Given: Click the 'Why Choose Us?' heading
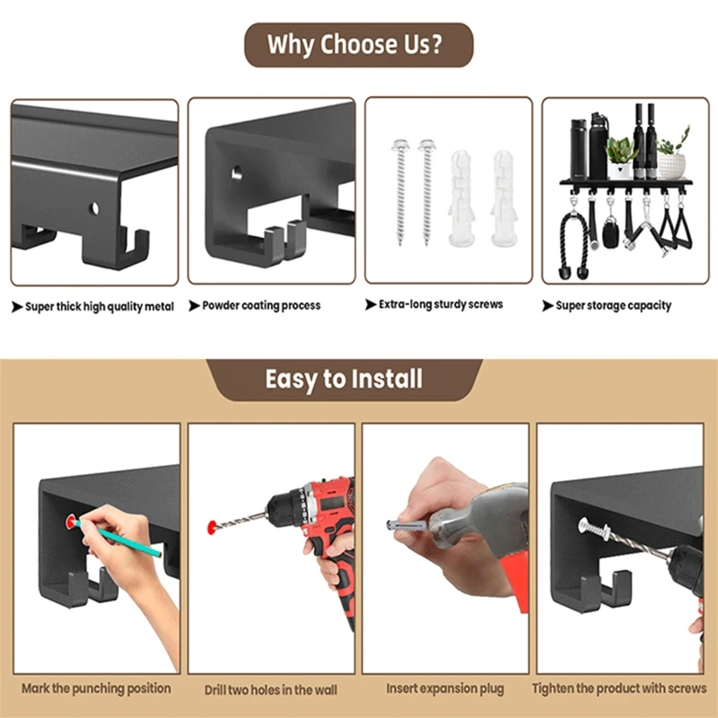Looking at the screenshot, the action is [355, 44].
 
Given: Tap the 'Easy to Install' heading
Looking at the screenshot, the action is [344, 379].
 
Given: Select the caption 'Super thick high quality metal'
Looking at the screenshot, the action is [100, 306].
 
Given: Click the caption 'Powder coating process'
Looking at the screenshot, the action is [261, 305].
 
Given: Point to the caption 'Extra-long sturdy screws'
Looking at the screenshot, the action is [441, 304].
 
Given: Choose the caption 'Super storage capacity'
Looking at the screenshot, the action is [614, 305].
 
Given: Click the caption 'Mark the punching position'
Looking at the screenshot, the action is [96, 688].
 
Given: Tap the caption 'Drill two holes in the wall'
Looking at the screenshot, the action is [271, 689].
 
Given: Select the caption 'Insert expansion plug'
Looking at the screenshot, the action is [445, 688].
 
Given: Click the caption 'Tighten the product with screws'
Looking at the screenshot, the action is [619, 687].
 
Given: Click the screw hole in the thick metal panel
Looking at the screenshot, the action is [94, 209].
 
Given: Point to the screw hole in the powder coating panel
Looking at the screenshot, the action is [237, 173].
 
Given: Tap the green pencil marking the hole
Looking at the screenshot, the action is [118, 538].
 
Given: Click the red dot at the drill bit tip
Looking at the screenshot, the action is [212, 527].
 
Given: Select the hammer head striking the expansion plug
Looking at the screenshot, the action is [477, 519].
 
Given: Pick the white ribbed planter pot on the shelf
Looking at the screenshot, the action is [671, 167].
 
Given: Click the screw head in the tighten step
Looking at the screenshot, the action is [584, 525].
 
